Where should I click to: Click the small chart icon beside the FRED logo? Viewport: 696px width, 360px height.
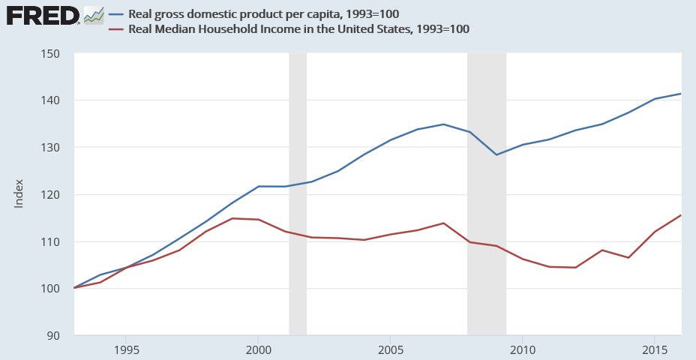click(x=94, y=14)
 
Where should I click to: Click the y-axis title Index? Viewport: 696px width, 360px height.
click(x=19, y=193)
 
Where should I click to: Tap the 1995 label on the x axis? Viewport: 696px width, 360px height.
click(x=126, y=350)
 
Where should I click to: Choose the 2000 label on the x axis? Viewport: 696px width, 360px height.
click(x=258, y=350)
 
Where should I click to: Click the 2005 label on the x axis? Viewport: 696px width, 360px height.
click(x=390, y=350)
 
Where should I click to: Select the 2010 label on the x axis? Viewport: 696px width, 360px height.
click(x=522, y=350)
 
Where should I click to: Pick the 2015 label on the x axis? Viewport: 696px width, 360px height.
click(x=654, y=350)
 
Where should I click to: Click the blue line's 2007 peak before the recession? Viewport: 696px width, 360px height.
click(x=442, y=124)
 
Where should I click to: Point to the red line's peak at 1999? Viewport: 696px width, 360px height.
click(x=232, y=218)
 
